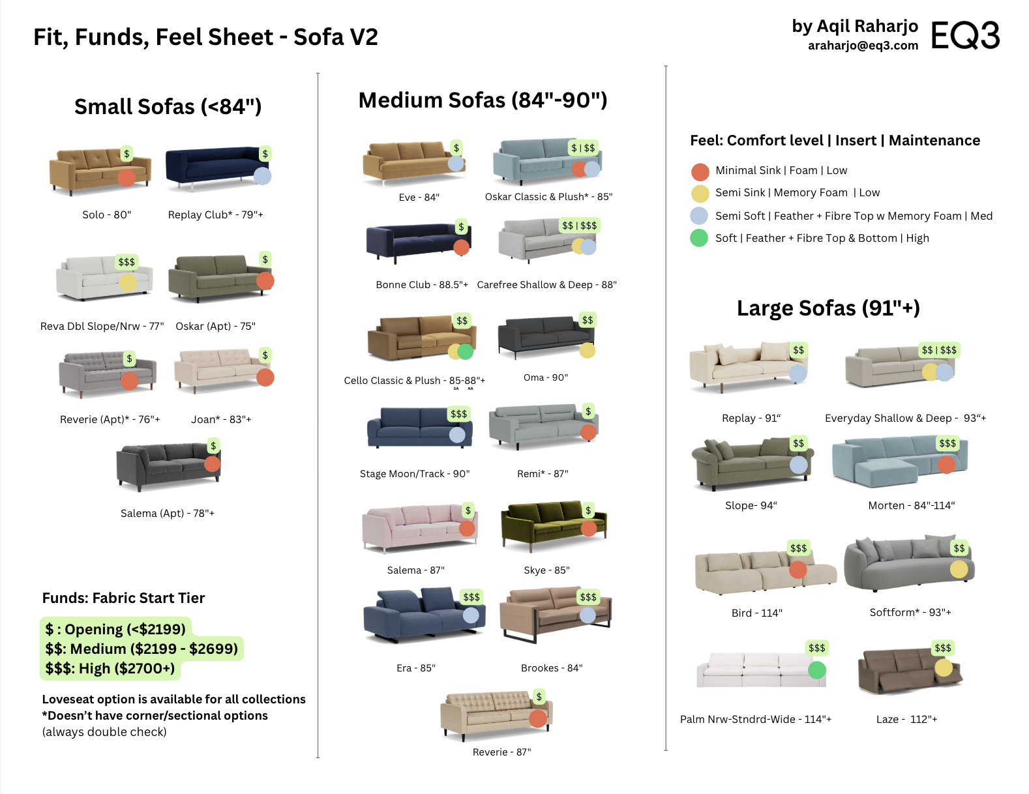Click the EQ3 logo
tap(964, 35)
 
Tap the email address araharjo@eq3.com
tap(862, 46)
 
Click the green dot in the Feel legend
tap(699, 238)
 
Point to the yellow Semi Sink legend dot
tap(700, 194)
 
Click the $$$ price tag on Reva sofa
tap(127, 262)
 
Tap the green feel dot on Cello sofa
tap(466, 351)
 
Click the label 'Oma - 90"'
tap(545, 377)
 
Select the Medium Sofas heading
tap(483, 100)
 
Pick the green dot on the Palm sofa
tap(816, 669)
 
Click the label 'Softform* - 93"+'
tap(910, 612)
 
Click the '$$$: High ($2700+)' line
tap(110, 668)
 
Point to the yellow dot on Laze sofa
tap(943, 667)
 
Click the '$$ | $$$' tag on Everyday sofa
tap(938, 350)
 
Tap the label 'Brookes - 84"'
tap(551, 668)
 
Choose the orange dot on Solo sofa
tap(127, 177)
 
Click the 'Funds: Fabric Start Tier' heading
tap(123, 598)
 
